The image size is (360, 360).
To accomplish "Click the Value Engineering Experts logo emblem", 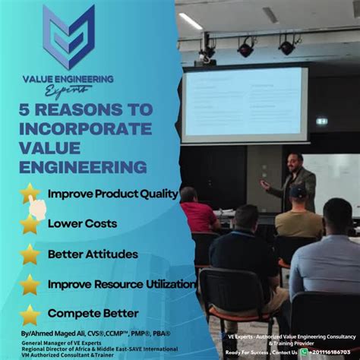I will [x=69, y=36].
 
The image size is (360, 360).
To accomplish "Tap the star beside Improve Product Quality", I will [x=30, y=193].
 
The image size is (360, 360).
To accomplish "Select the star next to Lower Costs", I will [x=30, y=224].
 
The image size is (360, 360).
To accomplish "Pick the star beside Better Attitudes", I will [x=30, y=254].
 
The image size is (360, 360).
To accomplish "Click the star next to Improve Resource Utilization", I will [x=30, y=284].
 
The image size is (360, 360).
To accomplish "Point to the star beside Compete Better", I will [x=30, y=313].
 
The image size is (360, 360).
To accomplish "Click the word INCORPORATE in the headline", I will [x=85, y=128].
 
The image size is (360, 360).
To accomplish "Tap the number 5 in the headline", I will [x=25, y=110].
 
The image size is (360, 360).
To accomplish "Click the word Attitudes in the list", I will [x=110, y=254].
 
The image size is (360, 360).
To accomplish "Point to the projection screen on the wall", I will [x=245, y=105].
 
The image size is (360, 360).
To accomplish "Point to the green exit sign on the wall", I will [x=321, y=121].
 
